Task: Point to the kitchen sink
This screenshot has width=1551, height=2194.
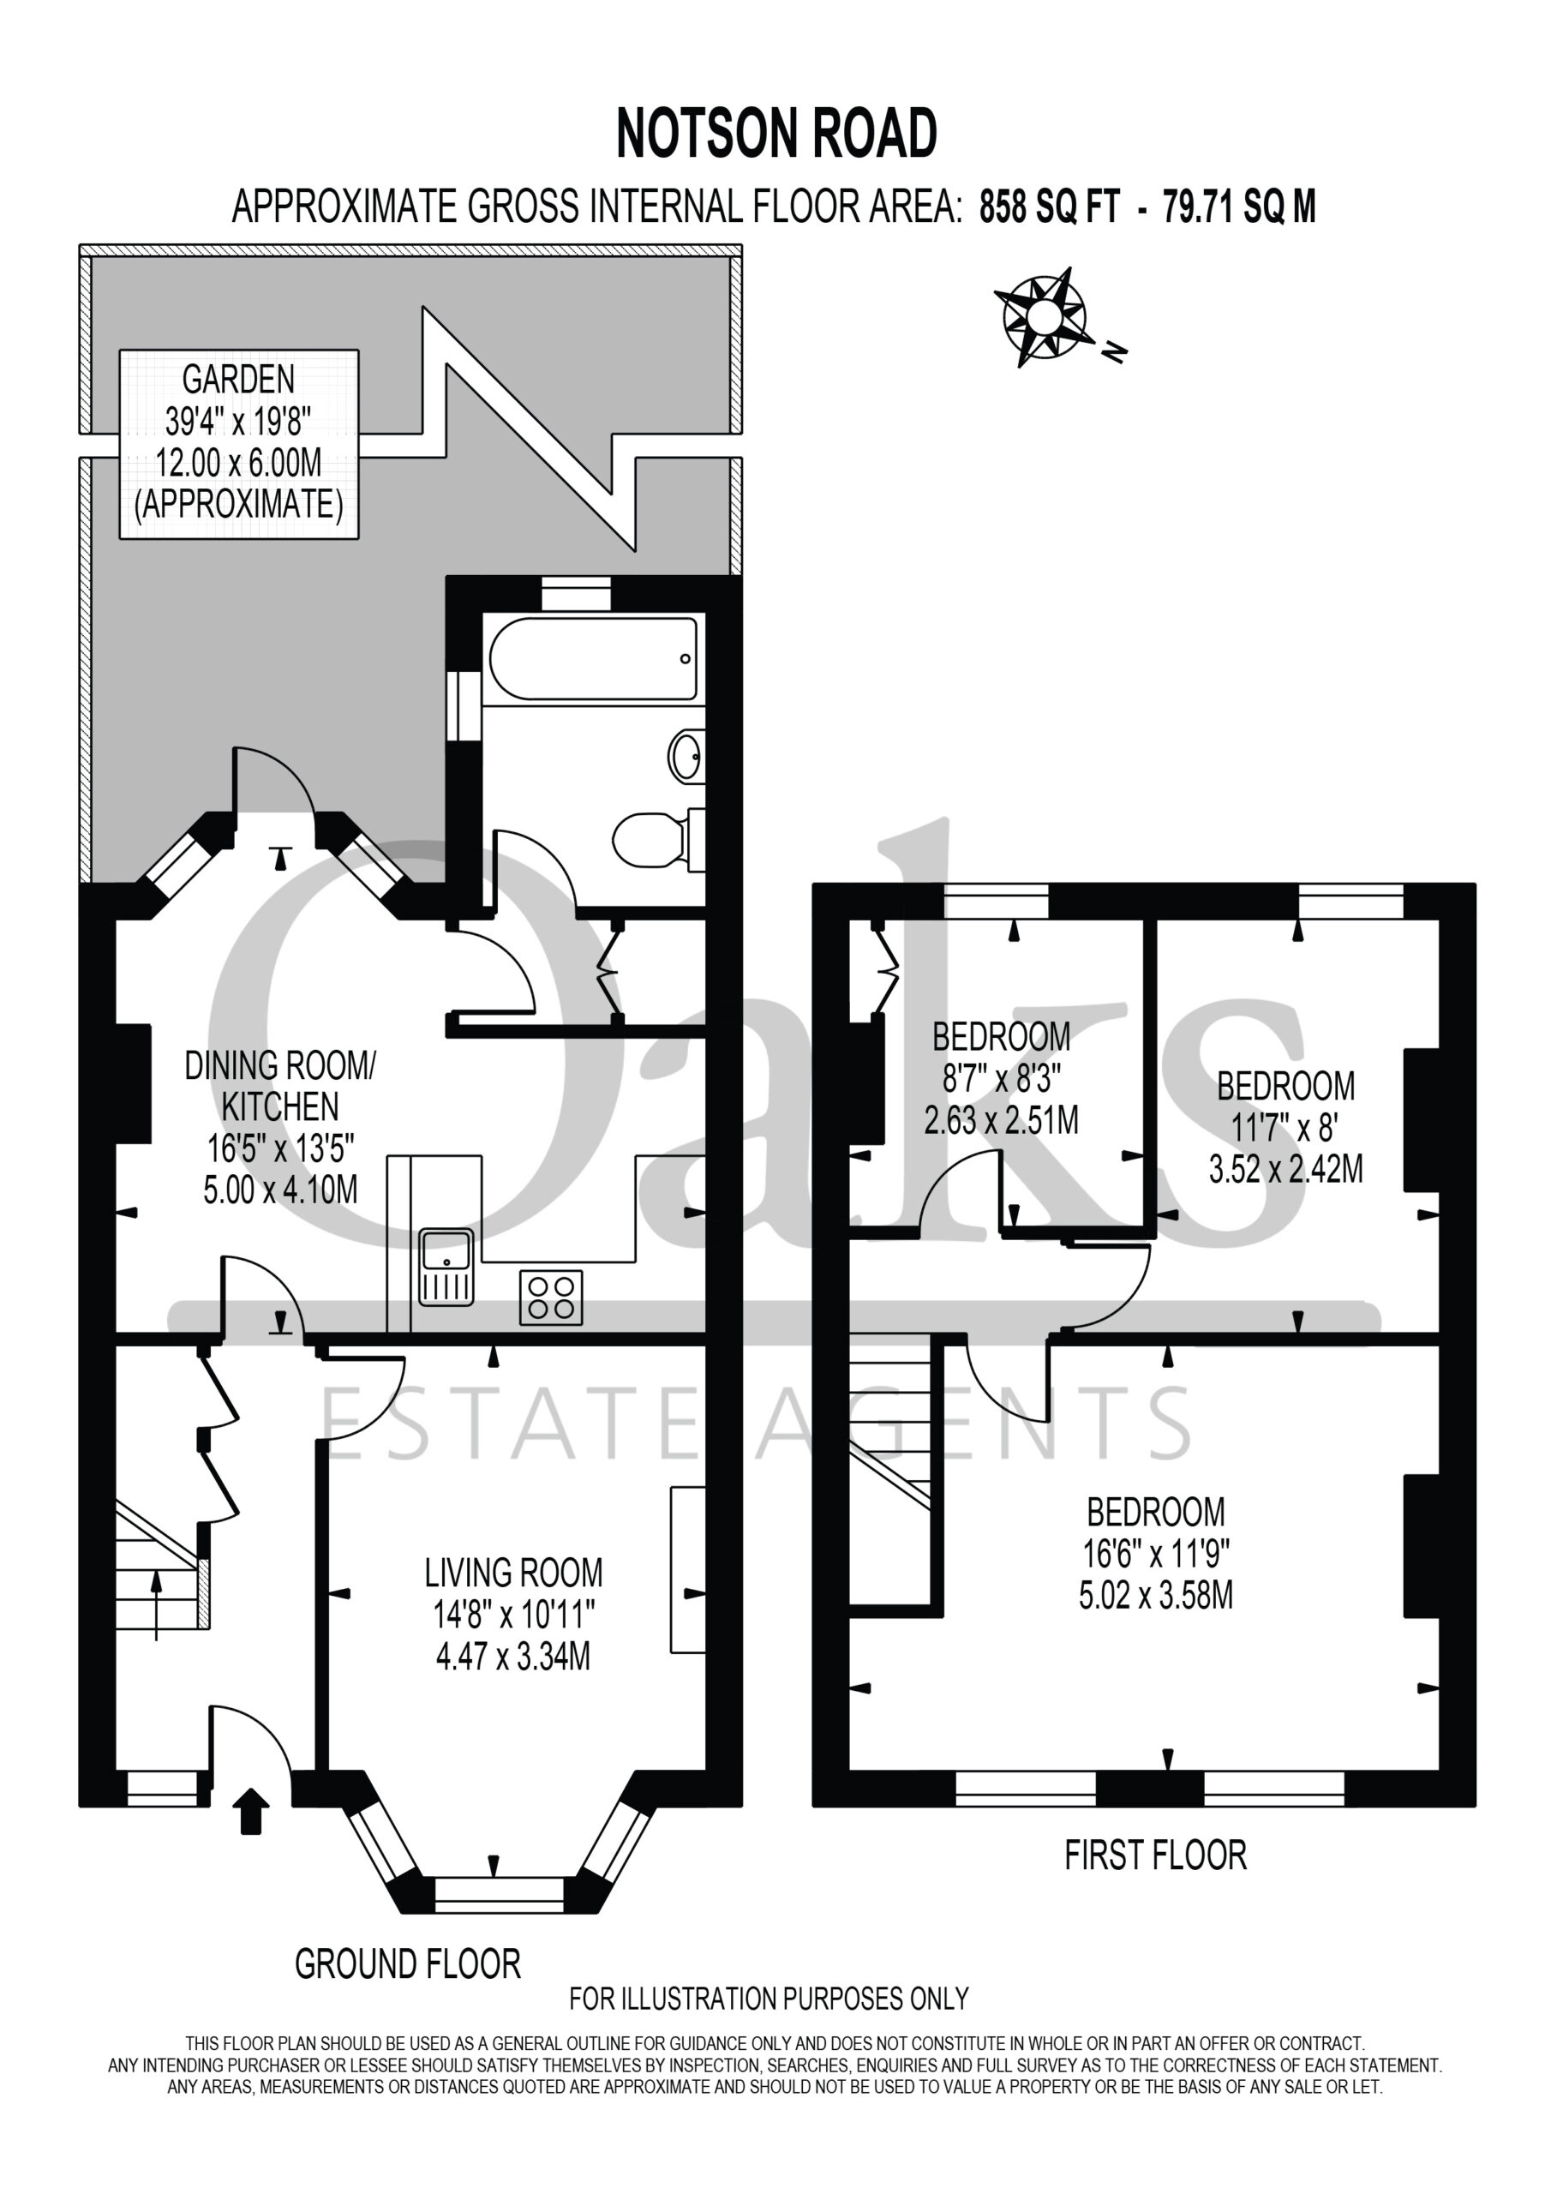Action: (x=446, y=1267)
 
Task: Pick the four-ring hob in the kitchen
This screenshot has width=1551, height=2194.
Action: (x=550, y=1297)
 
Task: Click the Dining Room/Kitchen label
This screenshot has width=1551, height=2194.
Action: (x=280, y=1086)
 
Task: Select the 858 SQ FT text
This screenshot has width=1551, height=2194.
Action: (x=1048, y=207)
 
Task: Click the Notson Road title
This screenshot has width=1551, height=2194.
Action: (x=776, y=133)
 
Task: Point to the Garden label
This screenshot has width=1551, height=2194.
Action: (x=238, y=380)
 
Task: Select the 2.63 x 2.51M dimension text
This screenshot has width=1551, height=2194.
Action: (x=1001, y=1120)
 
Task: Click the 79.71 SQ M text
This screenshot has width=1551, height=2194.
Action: (x=1238, y=207)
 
